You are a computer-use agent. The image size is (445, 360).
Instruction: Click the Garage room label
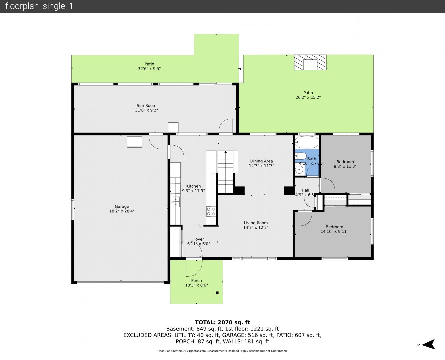pos(122,206)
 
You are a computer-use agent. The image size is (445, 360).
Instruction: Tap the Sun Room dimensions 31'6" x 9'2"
pos(146,110)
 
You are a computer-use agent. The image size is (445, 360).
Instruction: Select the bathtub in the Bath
pos(307,142)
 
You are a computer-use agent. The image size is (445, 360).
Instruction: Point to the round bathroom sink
pos(299,169)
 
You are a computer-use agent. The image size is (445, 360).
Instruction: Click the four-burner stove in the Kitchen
pos(211,211)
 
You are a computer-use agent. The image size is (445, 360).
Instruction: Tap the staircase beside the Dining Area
pos(226,172)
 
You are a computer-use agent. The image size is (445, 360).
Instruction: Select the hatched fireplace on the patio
pos(310,62)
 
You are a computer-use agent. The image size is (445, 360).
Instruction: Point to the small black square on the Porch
pos(217,293)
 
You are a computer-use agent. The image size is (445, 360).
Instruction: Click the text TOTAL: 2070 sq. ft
pos(222,322)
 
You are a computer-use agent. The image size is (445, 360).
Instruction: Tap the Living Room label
pos(256,223)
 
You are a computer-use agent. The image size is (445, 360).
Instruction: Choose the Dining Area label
pos(261,161)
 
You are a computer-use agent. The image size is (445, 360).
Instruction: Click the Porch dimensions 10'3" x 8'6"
pos(196,285)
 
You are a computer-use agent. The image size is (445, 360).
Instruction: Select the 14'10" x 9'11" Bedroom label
pos(334,229)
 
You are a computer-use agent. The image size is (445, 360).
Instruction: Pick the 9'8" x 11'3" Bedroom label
pos(345,164)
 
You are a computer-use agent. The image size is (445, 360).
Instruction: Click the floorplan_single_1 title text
pos(39,6)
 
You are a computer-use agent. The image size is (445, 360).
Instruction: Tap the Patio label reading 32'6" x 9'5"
pos(149,66)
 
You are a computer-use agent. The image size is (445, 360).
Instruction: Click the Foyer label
pos(198,239)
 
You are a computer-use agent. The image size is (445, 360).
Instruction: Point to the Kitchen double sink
pos(176,202)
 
